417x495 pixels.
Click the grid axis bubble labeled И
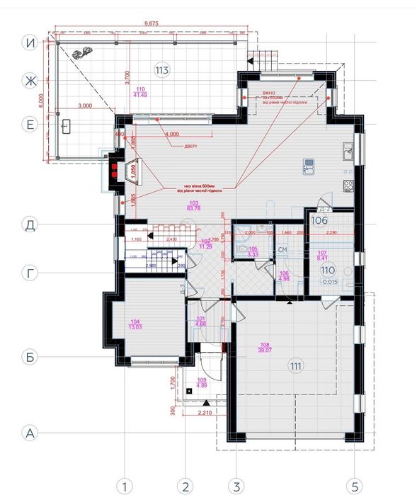click(30, 43)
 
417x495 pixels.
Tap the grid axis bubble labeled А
click(30, 431)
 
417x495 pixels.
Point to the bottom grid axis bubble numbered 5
click(354, 486)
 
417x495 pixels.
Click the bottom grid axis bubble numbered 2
click(185, 486)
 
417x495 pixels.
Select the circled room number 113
click(161, 69)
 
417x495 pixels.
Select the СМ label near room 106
click(282, 250)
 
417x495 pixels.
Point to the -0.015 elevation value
click(328, 283)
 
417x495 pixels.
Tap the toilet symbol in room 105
click(244, 249)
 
